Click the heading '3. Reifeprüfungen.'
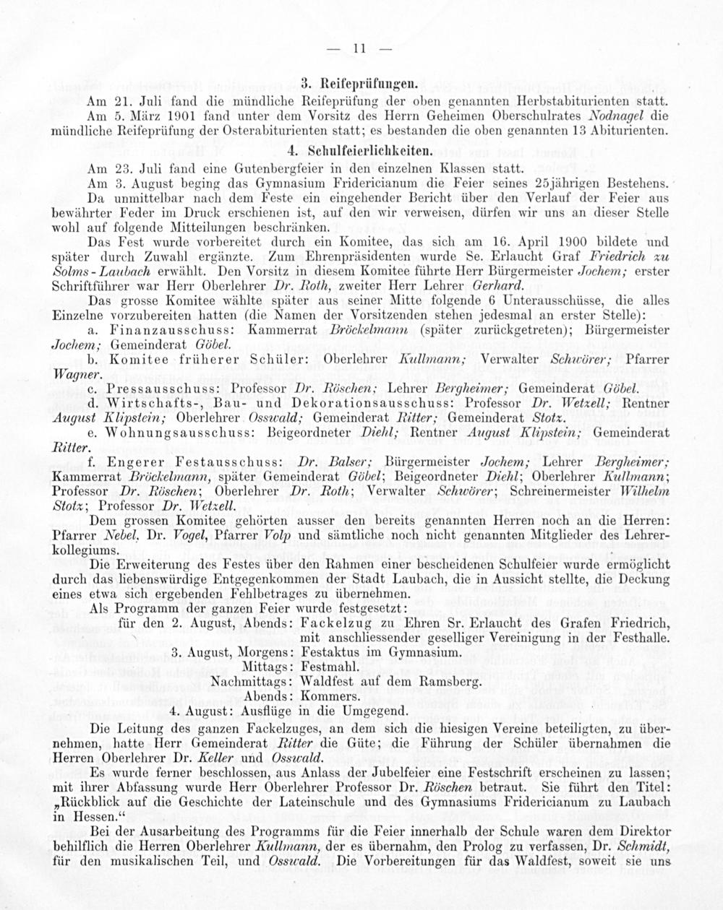361,84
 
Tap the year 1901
177,116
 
